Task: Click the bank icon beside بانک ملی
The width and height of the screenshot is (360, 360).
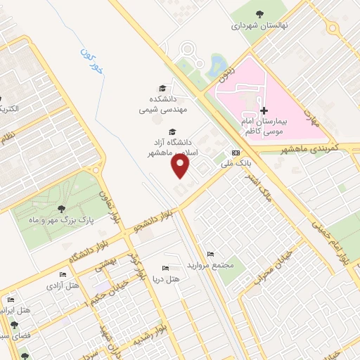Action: tap(235, 153)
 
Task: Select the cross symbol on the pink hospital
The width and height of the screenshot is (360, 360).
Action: tap(264, 110)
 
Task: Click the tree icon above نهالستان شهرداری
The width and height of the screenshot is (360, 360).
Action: tap(259, 14)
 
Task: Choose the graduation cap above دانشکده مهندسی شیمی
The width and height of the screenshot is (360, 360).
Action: tap(163, 88)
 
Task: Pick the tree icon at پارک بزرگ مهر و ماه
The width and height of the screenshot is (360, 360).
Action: tap(62, 208)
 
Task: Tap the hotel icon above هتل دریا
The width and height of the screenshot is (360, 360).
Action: tap(165, 268)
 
